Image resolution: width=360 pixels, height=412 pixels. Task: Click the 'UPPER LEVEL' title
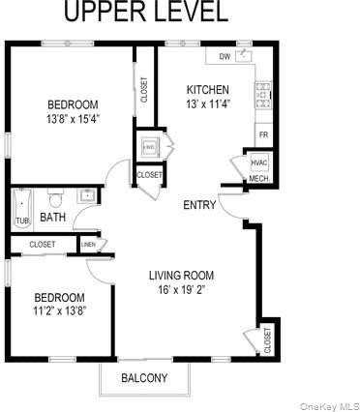[146, 13]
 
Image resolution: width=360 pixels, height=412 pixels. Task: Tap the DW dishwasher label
[225, 57]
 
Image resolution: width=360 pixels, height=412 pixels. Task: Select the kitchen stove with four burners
[261, 94]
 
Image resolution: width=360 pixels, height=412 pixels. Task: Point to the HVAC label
[258, 162]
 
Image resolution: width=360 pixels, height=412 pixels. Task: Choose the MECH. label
[258, 179]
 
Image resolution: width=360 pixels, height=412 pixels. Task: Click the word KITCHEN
[207, 90]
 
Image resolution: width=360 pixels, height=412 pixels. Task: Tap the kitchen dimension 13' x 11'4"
[208, 104]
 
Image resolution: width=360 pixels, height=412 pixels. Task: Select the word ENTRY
[199, 204]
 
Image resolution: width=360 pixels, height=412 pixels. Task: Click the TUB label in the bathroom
[21, 221]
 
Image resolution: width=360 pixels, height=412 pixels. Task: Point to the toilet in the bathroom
[55, 200]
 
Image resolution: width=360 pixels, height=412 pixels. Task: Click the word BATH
[52, 219]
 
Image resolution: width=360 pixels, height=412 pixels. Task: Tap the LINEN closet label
[88, 244]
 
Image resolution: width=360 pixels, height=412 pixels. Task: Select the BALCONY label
[144, 378]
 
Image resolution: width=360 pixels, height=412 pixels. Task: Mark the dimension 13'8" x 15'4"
[74, 119]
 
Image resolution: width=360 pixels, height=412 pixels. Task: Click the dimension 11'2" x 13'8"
[60, 311]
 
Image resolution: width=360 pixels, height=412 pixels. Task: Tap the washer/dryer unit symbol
[148, 147]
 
